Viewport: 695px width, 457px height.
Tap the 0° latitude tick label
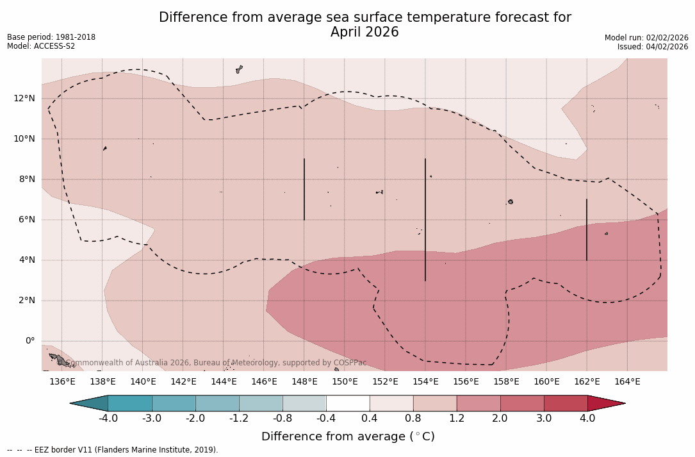coord(30,341)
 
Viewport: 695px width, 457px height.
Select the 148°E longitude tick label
coord(304,382)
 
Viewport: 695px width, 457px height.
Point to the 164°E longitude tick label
coord(627,382)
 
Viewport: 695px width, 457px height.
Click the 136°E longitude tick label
coord(62,382)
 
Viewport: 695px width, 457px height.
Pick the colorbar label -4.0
coord(108,419)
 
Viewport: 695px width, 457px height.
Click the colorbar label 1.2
coord(457,419)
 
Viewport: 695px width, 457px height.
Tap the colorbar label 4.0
coord(587,419)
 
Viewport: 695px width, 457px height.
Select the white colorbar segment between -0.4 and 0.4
coord(348,403)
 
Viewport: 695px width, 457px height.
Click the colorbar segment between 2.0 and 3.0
coord(522,403)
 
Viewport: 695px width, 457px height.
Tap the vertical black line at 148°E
coord(304,189)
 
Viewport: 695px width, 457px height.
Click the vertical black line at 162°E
coord(587,229)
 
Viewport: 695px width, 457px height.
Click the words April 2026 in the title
coord(364,32)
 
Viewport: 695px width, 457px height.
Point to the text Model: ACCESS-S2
coord(41,46)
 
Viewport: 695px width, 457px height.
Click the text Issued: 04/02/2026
coord(653,47)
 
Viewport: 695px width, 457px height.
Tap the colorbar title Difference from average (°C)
coord(348,436)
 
